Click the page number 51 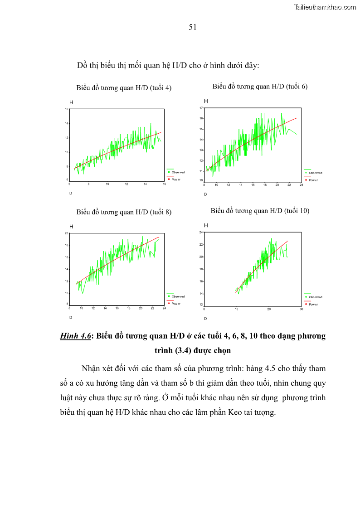(x=192, y=27)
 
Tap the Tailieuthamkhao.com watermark (x=325, y=7)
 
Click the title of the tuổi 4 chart (x=124, y=88)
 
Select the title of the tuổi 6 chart (x=260, y=87)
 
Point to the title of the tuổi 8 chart (x=124, y=212)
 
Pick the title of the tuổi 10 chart (x=260, y=210)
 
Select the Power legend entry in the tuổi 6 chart (x=313, y=180)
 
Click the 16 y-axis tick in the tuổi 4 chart (x=67, y=109)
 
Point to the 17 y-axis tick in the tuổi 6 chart (x=202, y=108)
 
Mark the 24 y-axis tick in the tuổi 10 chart (x=202, y=233)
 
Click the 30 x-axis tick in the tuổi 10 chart (x=301, y=309)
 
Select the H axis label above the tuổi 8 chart (x=71, y=226)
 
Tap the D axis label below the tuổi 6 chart (x=205, y=194)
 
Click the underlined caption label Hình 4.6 (x=75, y=336)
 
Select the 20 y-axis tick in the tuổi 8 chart (x=67, y=233)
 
